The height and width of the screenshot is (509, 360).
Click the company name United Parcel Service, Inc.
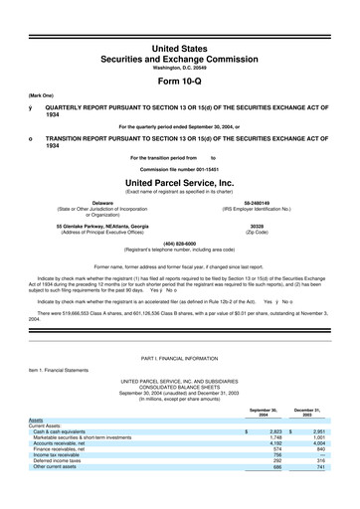(x=179, y=183)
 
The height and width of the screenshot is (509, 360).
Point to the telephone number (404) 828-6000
(x=179, y=245)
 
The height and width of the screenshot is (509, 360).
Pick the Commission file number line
(x=179, y=169)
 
